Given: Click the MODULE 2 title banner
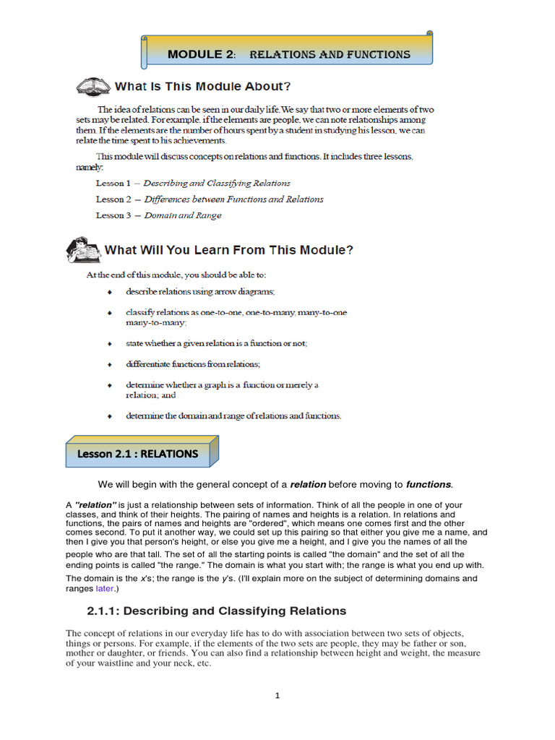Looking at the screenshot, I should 288,52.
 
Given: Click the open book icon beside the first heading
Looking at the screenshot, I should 92,87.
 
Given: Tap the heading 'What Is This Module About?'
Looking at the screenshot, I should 203,87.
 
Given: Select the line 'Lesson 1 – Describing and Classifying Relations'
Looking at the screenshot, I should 193,184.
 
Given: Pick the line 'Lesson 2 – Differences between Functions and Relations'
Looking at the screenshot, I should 210,199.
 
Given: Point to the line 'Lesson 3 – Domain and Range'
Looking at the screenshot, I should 159,215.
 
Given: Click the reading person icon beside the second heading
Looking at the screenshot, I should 82,250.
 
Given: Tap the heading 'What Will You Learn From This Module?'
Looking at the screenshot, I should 229,251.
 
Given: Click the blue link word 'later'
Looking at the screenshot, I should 105,589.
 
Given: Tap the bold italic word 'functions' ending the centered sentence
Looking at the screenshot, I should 429,484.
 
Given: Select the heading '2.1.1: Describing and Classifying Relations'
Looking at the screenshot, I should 217,611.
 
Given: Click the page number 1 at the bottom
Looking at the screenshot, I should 277,696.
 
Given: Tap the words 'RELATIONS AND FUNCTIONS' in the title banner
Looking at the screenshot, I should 330,55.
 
